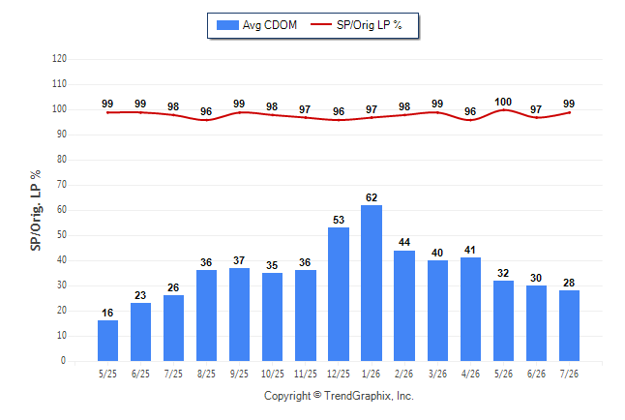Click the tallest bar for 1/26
[372, 283]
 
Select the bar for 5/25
[107, 341]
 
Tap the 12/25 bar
[339, 294]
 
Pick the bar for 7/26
[569, 325]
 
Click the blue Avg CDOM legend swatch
[227, 25]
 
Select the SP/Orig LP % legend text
[370, 25]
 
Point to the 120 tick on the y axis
[59, 59]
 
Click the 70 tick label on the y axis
[62, 185]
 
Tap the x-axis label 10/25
[273, 374]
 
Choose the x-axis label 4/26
[470, 374]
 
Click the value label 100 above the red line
[503, 103]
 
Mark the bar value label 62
[372, 197]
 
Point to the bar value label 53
[339, 220]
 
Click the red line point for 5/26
[503, 109]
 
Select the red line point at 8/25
[206, 120]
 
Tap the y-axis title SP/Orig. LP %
[36, 210]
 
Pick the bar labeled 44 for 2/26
[404, 306]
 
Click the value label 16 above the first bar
[107, 313]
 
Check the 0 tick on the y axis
[64, 361]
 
